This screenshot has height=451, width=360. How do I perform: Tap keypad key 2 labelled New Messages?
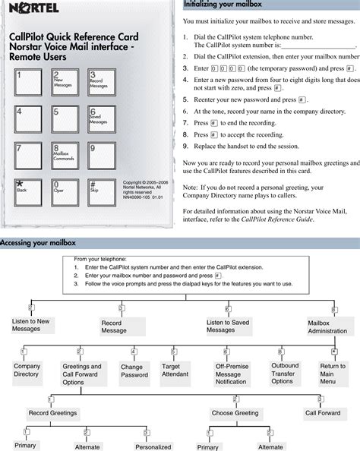click(x=64, y=84)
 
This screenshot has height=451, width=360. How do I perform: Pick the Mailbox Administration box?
click(x=329, y=326)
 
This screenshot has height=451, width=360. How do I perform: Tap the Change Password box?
click(x=135, y=371)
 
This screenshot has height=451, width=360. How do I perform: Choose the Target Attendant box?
click(x=175, y=371)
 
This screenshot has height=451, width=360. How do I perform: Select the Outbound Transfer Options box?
click(x=285, y=373)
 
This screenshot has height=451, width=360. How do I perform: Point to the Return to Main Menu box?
click(x=332, y=374)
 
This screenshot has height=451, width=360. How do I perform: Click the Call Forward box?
click(x=322, y=413)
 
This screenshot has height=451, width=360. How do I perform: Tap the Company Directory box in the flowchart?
click(x=27, y=370)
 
